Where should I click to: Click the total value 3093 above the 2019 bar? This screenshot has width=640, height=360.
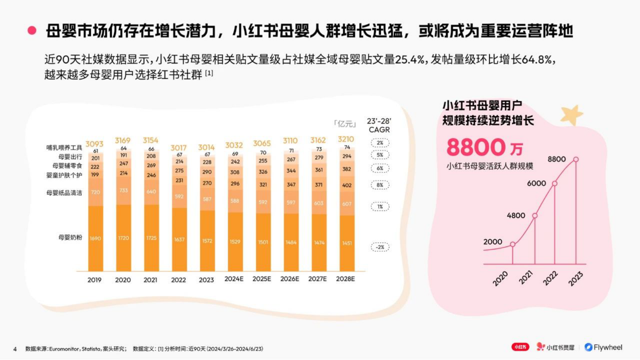point(94,144)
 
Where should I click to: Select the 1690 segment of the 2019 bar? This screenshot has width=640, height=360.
point(95,239)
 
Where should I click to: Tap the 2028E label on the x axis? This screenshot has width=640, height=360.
point(345,279)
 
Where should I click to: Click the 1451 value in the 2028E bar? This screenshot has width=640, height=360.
point(347,243)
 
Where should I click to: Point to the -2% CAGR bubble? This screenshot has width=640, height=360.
point(380,247)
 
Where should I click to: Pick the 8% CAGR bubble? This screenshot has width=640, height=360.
point(380,185)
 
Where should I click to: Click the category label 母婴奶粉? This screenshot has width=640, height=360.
point(70,237)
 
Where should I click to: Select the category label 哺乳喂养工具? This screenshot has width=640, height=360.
point(64,148)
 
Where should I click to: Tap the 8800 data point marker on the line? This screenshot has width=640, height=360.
point(576,159)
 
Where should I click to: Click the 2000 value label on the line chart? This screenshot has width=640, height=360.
point(492,242)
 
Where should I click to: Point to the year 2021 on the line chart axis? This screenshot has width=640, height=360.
point(525,278)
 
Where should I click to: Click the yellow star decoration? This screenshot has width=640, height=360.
point(571,115)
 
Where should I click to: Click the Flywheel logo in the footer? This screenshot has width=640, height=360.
point(603,347)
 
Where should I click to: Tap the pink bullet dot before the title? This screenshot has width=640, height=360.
point(32,31)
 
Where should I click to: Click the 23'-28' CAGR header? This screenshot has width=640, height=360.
point(379,125)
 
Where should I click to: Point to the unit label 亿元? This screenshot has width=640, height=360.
point(345,123)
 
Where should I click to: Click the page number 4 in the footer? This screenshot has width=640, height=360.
point(15,349)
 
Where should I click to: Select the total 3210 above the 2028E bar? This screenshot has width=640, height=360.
point(346,139)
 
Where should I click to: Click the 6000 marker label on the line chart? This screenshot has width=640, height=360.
point(536,183)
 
